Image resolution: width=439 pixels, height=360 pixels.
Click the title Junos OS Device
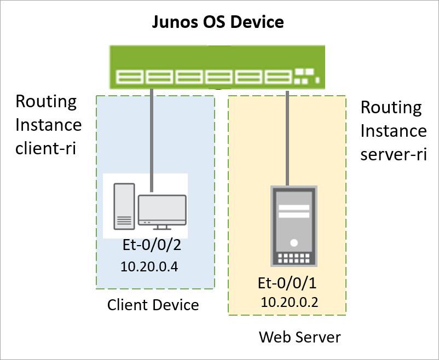[x=218, y=22]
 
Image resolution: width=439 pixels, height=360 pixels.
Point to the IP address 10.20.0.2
[x=290, y=301]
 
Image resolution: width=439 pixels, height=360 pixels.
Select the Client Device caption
[x=153, y=304]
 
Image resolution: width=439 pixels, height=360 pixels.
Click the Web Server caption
[x=299, y=337]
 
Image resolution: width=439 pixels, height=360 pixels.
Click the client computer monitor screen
[x=162, y=207]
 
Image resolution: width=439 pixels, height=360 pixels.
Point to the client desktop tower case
[x=123, y=206]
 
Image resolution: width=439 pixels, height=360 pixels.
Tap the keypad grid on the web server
[x=293, y=258]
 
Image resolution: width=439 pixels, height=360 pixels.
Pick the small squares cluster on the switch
[x=305, y=76]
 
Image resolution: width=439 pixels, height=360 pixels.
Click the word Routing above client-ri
[x=46, y=102]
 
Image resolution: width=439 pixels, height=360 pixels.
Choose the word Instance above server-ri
[x=394, y=131]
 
